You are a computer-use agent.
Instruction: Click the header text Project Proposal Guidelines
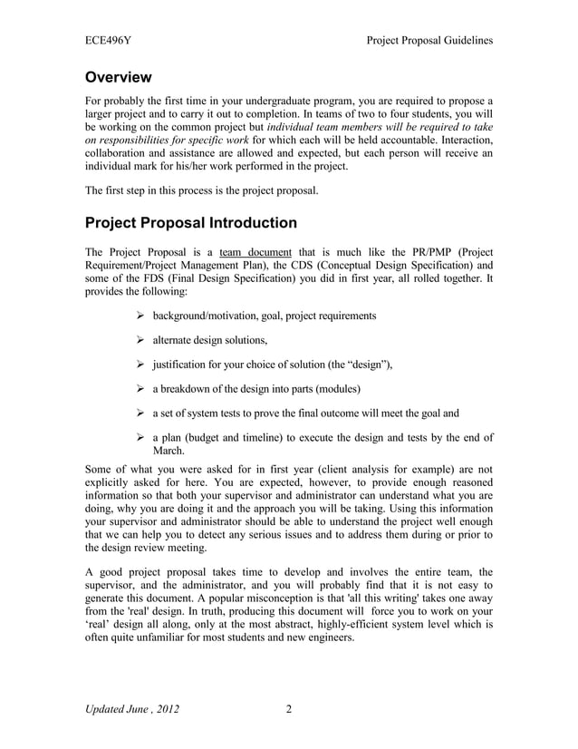tap(429, 41)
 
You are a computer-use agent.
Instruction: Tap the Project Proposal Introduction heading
tap(190, 222)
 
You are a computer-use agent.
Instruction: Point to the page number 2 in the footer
tap(289, 708)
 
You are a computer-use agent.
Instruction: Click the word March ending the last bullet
tap(169, 451)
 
